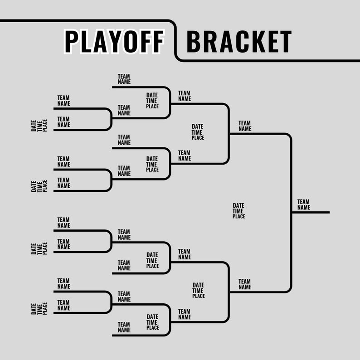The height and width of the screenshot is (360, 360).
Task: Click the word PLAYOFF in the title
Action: point(114,41)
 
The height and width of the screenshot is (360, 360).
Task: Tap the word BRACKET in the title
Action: point(238,41)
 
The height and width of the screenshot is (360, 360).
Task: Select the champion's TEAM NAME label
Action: point(304,204)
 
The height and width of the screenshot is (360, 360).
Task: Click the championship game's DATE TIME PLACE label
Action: point(238,211)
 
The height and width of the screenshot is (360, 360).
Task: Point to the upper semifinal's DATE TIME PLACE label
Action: point(198,132)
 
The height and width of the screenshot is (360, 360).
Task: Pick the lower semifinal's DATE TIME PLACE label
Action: point(198,291)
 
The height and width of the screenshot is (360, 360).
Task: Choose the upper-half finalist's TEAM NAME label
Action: point(245,126)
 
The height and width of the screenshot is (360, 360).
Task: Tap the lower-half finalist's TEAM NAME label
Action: point(245,284)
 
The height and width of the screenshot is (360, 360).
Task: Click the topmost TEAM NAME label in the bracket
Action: point(124,79)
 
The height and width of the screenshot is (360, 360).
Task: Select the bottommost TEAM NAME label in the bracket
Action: point(124,327)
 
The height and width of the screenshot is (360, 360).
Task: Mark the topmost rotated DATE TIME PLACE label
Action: point(39,126)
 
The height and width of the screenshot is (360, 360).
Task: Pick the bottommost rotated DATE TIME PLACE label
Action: point(39,309)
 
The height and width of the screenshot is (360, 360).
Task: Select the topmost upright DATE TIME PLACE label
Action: point(152,101)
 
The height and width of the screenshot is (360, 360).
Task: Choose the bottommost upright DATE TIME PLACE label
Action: point(152,322)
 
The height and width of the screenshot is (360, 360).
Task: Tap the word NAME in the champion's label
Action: point(304,207)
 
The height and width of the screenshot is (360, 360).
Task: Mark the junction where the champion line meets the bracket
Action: point(291,212)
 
